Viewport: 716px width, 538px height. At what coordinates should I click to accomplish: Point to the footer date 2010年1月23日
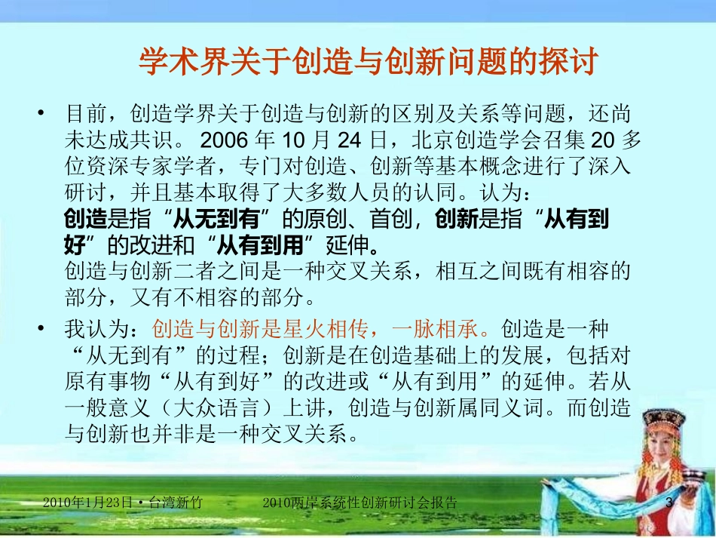click(x=88, y=503)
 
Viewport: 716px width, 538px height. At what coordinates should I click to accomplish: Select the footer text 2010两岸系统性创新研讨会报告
click(x=362, y=503)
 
